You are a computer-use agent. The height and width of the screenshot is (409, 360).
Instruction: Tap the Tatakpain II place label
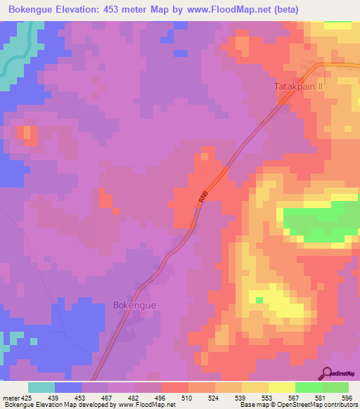297,87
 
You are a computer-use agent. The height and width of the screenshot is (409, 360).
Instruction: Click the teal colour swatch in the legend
41,387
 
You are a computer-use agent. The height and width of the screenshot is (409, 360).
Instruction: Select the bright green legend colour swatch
308,387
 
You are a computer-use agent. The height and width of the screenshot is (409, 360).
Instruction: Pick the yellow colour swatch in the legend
281,387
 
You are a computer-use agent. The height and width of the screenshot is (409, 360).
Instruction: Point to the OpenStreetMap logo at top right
340,65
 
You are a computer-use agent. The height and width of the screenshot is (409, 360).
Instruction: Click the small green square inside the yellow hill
259,300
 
